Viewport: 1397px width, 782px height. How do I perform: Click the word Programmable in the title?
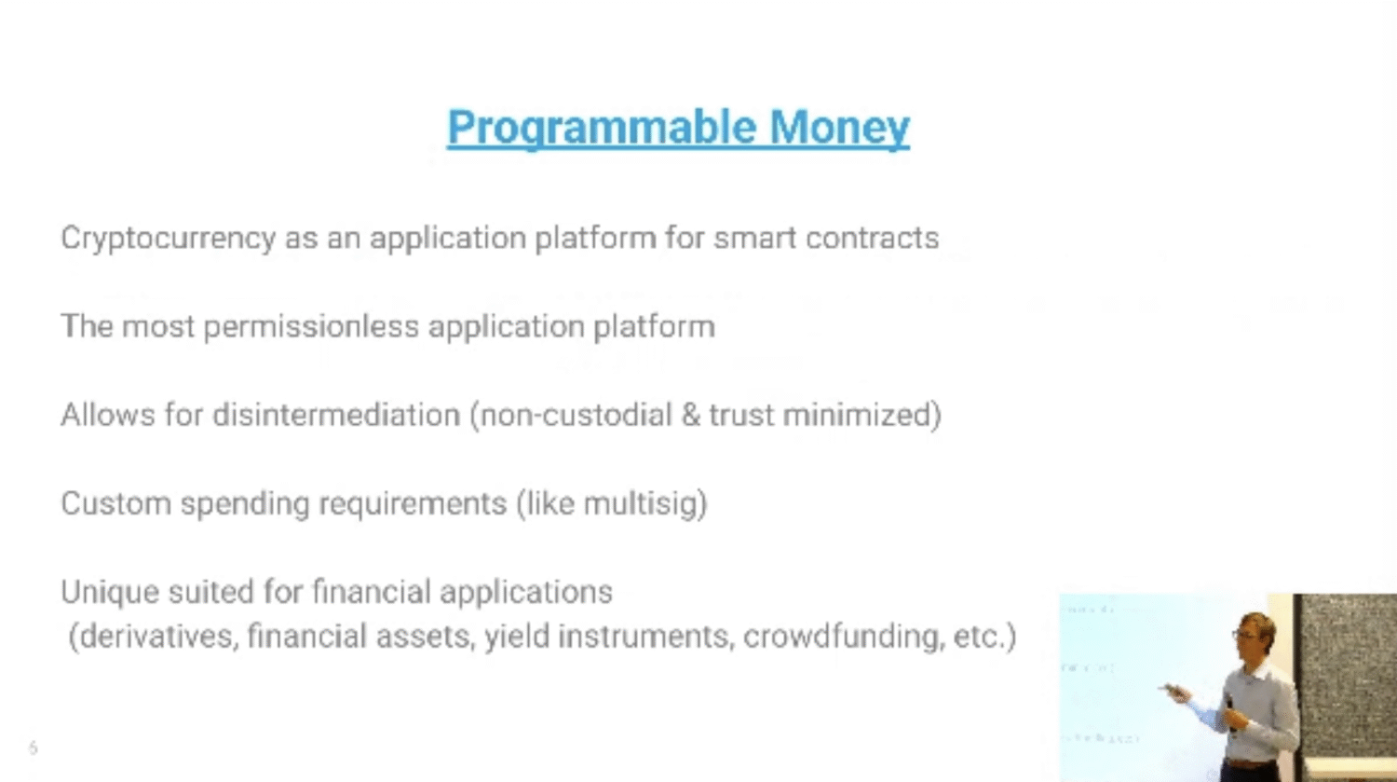tap(602, 129)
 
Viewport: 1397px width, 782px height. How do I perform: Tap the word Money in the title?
tap(839, 129)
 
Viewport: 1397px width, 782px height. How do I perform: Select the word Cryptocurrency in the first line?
tap(169, 239)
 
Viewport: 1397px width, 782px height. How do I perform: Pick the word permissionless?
tap(311, 327)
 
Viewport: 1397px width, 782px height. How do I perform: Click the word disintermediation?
tap(336, 415)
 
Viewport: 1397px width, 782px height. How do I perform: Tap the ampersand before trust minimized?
tap(690, 415)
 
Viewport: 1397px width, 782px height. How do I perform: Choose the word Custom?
tap(116, 503)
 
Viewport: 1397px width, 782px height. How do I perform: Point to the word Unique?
tap(110, 592)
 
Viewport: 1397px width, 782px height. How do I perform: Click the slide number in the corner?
tap(33, 748)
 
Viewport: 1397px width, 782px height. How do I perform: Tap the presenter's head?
tap(1254, 635)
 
